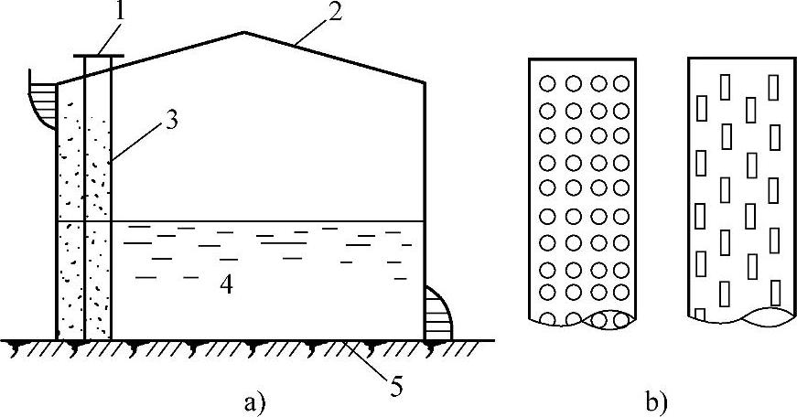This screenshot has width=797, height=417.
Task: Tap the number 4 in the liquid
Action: pos(226,285)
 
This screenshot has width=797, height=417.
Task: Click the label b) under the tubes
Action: pos(657,401)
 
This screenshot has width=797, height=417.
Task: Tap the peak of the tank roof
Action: pos(243,33)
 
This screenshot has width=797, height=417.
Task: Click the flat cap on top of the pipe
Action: pos(98,56)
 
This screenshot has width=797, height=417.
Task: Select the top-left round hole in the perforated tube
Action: pos(548,83)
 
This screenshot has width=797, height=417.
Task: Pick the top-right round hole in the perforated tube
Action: pos(621,83)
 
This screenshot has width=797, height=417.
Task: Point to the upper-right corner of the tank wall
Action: pos(425,82)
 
